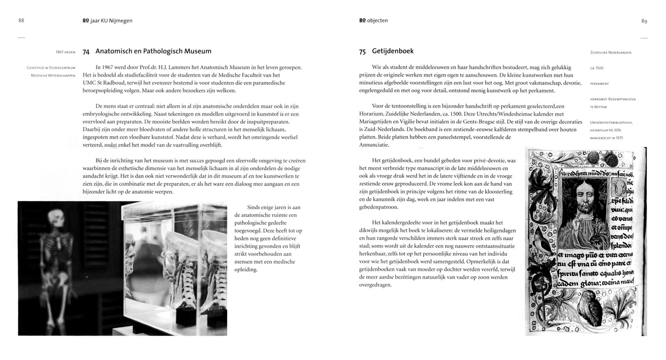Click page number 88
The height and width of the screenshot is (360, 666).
(21, 20)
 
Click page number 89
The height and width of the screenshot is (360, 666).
(644, 21)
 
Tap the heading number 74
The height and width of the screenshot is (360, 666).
(86, 52)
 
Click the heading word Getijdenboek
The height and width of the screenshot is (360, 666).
(393, 51)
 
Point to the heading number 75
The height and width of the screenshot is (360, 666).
(362, 52)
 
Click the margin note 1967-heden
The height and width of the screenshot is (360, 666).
(65, 52)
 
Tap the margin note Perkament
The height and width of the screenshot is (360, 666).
(599, 84)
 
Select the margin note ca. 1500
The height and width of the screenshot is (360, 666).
(596, 68)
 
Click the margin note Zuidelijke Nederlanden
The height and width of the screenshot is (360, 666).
(610, 53)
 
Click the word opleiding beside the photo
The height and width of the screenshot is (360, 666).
(246, 270)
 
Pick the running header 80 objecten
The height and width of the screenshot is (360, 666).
(373, 20)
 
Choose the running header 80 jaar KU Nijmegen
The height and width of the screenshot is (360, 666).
(107, 20)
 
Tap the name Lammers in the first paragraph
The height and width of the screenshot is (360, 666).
(179, 67)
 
